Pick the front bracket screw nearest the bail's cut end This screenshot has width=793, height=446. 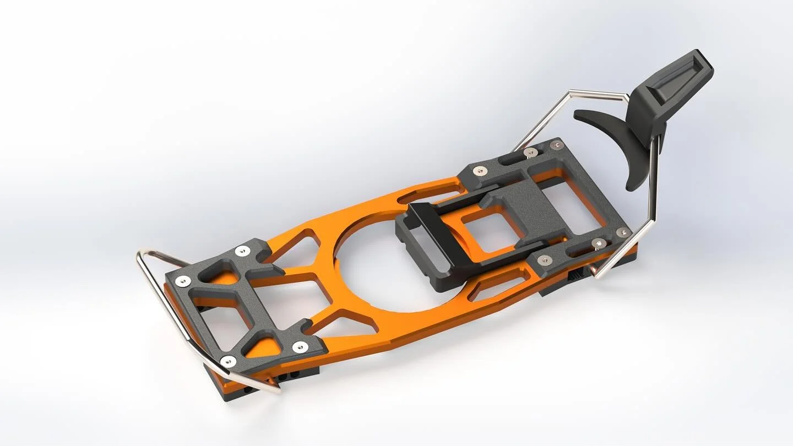(228, 361)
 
